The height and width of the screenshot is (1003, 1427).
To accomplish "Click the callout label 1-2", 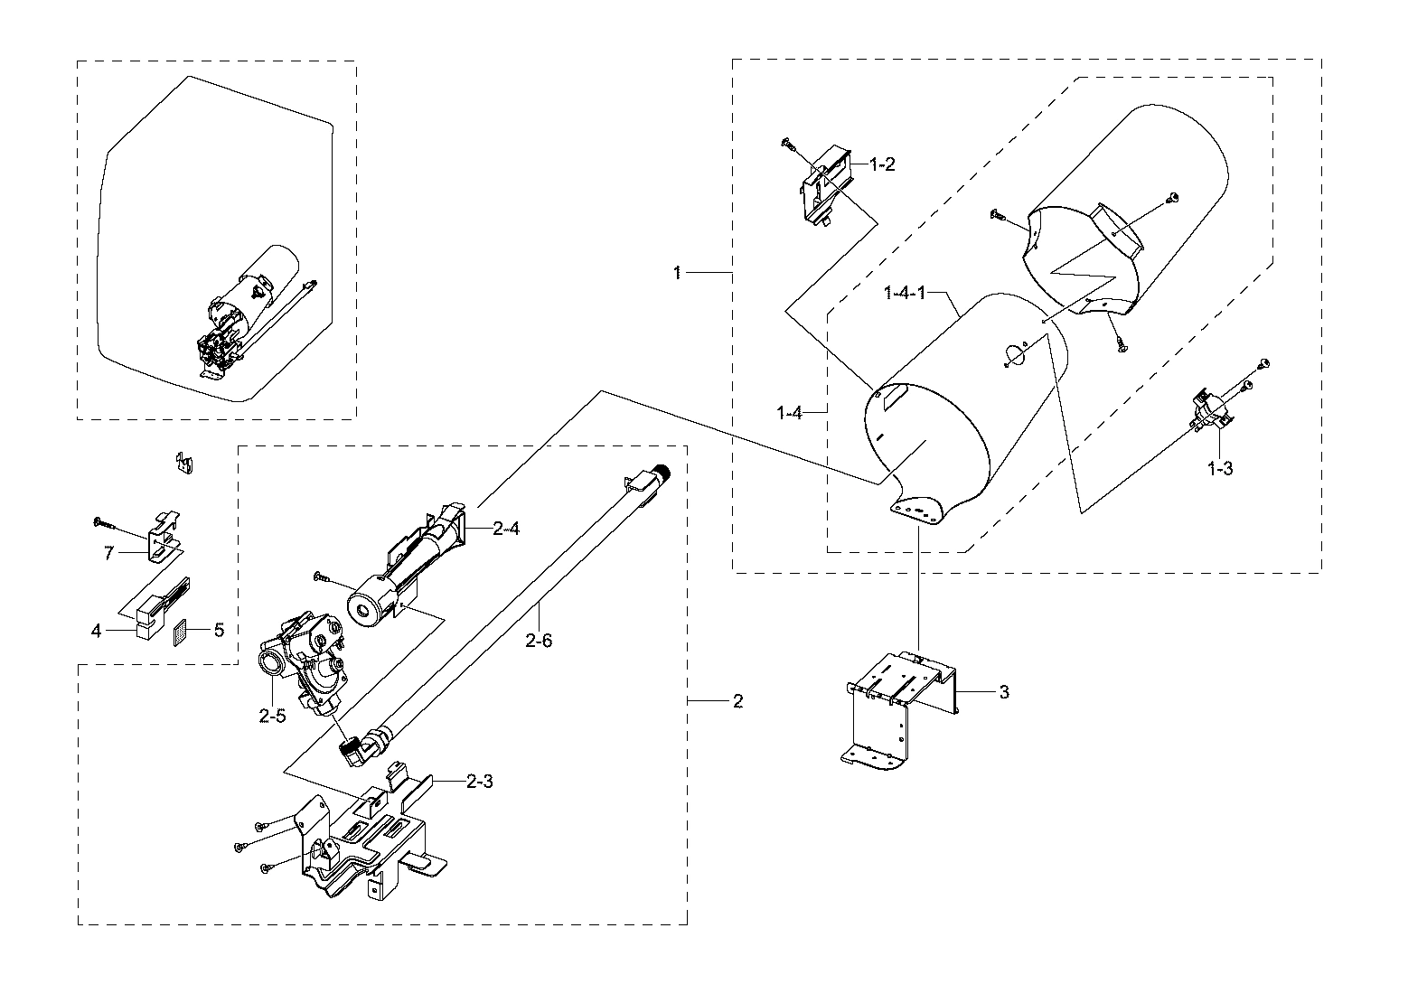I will click(x=882, y=164).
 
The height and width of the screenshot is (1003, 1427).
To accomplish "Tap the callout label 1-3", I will click(x=1220, y=469).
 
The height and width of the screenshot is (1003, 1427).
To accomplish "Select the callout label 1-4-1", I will click(x=905, y=294).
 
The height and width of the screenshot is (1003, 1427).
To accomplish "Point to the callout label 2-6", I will click(x=538, y=641).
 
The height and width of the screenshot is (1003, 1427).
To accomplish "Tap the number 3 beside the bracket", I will click(x=1004, y=692).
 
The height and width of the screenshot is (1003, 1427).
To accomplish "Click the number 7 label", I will click(x=108, y=553).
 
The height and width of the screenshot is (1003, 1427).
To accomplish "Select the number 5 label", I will click(x=219, y=630).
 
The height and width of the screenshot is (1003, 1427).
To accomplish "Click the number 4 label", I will click(x=97, y=630).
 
